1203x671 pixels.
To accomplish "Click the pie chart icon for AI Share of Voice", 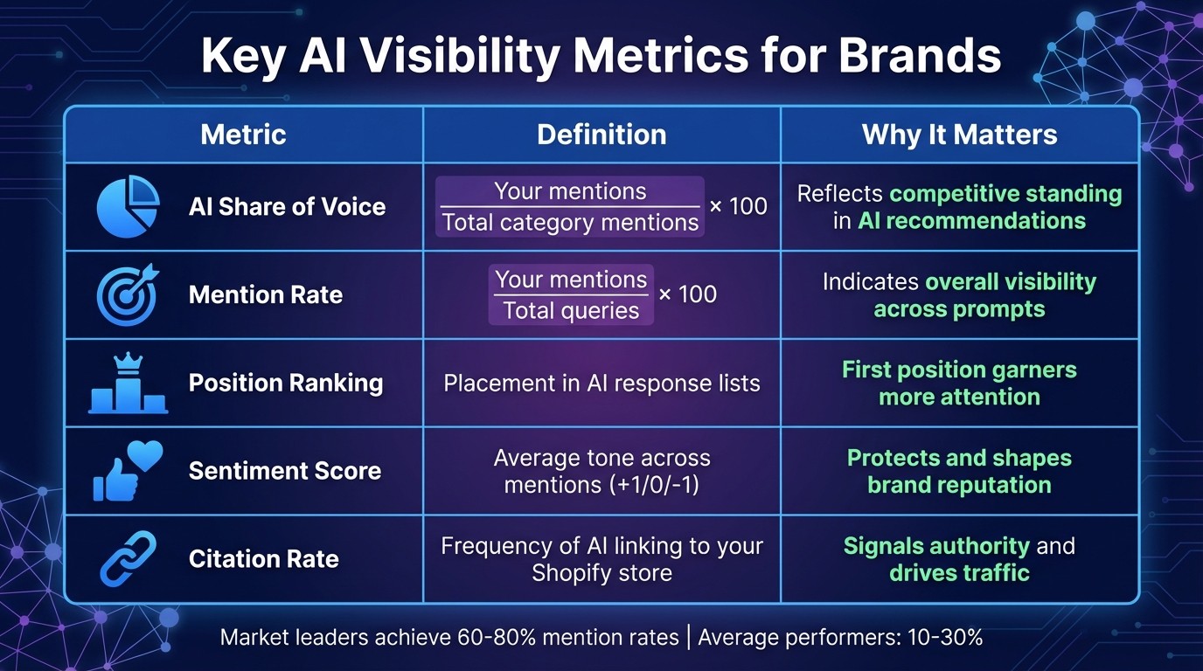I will click(x=128, y=207).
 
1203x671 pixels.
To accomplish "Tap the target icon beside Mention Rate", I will click(x=128, y=294).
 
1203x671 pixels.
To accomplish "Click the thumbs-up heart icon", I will click(x=128, y=470).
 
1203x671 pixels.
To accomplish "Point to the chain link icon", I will click(x=128, y=559).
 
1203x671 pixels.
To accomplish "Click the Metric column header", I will click(x=243, y=135).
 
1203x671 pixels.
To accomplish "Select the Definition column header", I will click(x=601, y=135).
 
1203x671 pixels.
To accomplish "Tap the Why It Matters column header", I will click(x=959, y=135).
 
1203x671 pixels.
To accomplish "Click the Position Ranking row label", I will click(x=286, y=384).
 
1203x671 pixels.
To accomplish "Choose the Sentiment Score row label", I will click(x=285, y=471).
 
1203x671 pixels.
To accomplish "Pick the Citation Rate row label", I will click(x=263, y=559).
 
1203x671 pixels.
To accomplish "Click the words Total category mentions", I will click(x=570, y=223).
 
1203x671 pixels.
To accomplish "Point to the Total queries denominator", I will click(x=571, y=310).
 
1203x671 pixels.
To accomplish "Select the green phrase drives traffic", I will click(x=959, y=573).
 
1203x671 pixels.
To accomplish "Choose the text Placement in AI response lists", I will click(x=601, y=384).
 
